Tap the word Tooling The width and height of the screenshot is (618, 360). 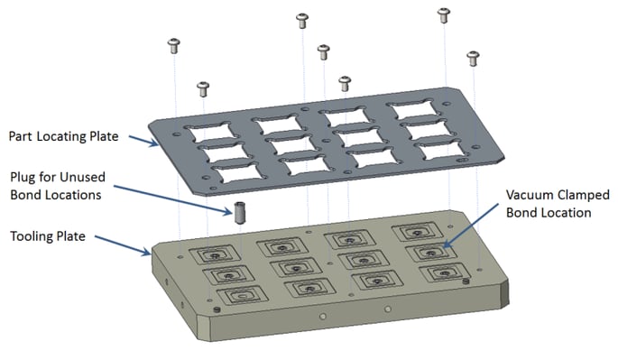34,236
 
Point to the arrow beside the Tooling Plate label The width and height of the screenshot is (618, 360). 117,245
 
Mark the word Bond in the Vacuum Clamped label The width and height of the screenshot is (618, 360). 521,213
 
